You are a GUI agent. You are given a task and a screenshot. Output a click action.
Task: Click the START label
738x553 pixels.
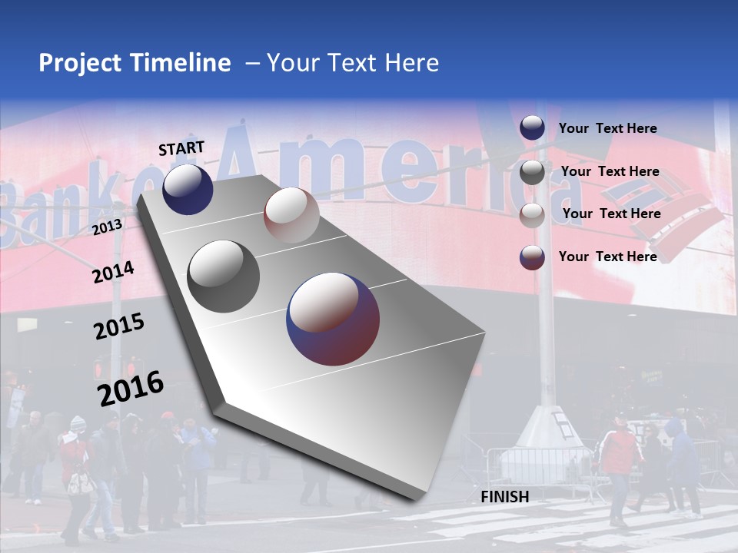pyautogui.click(x=181, y=148)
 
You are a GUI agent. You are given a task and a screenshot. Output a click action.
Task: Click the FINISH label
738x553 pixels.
pyautogui.click(x=505, y=497)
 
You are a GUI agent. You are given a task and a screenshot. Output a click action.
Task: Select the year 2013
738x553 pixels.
pyautogui.click(x=108, y=227)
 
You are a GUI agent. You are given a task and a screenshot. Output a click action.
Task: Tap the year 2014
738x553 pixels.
pyautogui.click(x=113, y=272)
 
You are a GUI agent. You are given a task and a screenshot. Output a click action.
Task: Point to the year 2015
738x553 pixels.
pyautogui.click(x=119, y=326)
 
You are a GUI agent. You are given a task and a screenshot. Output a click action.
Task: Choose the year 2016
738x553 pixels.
pyautogui.click(x=131, y=388)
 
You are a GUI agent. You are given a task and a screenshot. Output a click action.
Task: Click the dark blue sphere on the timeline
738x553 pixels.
pyautogui.click(x=188, y=189)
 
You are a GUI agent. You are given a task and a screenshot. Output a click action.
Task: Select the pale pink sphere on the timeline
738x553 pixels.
pyautogui.click(x=291, y=215)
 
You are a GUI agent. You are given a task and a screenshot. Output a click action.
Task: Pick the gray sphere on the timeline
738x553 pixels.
pyautogui.click(x=224, y=276)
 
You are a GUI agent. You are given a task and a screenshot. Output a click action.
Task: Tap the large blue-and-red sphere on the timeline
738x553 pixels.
pyautogui.click(x=333, y=318)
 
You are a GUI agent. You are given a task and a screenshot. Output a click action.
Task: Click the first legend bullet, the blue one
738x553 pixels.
pyautogui.click(x=532, y=128)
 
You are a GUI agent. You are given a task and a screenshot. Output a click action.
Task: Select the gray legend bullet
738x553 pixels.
pyautogui.click(x=532, y=172)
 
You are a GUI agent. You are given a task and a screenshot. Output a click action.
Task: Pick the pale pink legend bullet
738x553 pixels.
pyautogui.click(x=532, y=215)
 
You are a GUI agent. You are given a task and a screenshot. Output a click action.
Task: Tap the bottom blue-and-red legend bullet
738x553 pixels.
pyautogui.click(x=532, y=257)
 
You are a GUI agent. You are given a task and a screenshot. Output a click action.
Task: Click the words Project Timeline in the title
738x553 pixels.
pyautogui.click(x=135, y=63)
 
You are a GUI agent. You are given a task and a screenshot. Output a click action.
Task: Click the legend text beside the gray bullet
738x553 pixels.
pyautogui.click(x=610, y=171)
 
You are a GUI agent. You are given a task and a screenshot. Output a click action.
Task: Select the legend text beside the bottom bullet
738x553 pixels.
pyautogui.click(x=607, y=257)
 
